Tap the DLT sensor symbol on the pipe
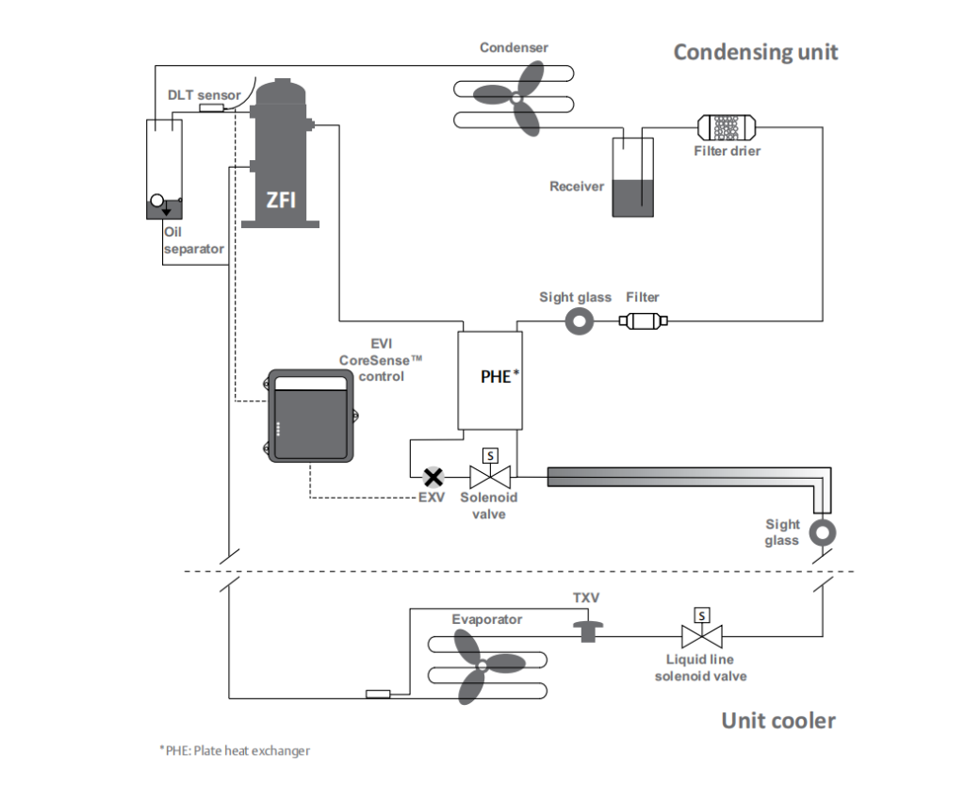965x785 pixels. point(211,108)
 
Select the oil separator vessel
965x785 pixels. point(164,170)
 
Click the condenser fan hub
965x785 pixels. point(516,98)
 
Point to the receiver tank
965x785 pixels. point(632,177)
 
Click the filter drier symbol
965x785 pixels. point(727,127)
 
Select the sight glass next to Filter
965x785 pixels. point(580,321)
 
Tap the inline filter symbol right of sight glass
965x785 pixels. point(643,320)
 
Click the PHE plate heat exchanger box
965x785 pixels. point(490,380)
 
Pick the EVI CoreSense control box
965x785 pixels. point(311,416)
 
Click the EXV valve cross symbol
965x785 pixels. point(433,477)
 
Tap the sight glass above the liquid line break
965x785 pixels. point(822,532)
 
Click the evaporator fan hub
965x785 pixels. point(482,666)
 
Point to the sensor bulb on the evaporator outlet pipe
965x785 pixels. point(378,694)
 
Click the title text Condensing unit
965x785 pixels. point(756,52)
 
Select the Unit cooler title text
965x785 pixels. point(777,720)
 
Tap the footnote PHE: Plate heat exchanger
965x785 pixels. point(235,750)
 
